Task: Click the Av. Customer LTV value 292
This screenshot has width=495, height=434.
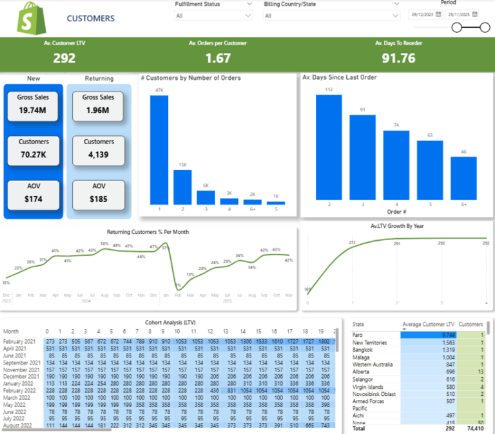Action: (x=64, y=58)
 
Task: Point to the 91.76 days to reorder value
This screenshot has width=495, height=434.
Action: (x=398, y=58)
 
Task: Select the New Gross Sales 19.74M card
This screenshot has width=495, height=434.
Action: (x=34, y=104)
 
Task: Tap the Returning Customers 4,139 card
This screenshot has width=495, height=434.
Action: (x=99, y=148)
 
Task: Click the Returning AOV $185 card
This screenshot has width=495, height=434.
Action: (x=99, y=193)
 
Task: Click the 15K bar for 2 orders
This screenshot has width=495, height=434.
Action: (x=182, y=187)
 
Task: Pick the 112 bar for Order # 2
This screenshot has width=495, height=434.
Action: (x=329, y=147)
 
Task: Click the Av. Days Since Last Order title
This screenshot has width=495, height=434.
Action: (x=340, y=78)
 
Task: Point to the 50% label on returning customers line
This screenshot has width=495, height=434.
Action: (x=104, y=243)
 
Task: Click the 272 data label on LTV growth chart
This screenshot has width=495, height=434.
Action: (x=352, y=243)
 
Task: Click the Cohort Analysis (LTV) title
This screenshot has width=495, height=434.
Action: (x=171, y=322)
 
